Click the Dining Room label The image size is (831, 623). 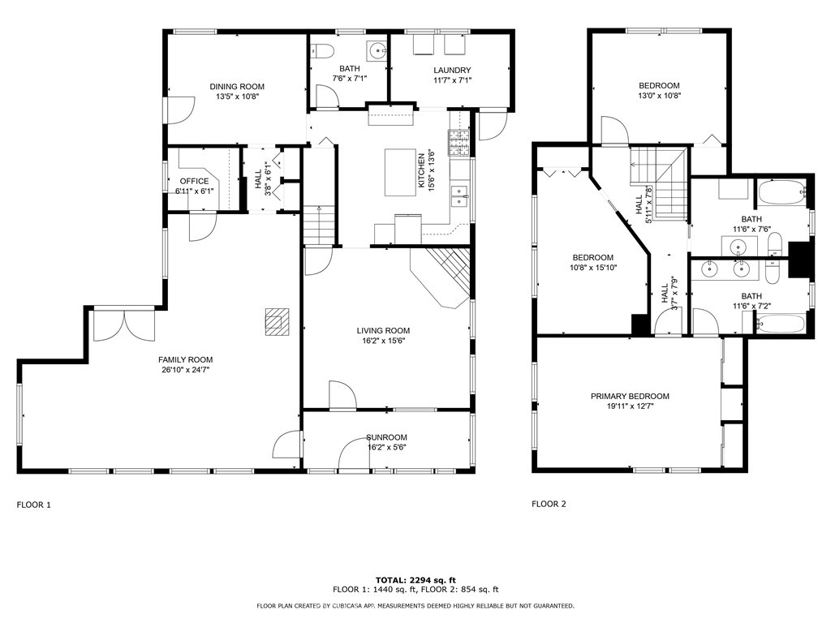click(237, 86)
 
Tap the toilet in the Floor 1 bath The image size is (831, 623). click(323, 51)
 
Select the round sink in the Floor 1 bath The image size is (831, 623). click(378, 51)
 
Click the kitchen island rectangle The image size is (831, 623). click(400, 172)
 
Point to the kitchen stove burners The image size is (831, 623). click(459, 143)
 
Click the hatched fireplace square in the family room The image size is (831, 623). click(278, 321)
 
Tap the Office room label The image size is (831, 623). click(194, 181)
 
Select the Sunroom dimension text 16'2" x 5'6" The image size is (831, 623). click(387, 447)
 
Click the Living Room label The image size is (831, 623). click(383, 331)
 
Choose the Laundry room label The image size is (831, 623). click(452, 70)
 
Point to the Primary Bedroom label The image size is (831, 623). click(630, 396)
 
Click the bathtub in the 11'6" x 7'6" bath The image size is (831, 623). click(781, 193)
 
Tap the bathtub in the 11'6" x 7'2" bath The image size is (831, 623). click(780, 323)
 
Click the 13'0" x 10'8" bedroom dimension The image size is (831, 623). click(659, 96)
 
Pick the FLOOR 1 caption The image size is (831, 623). click(34, 505)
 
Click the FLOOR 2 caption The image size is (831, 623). click(549, 504)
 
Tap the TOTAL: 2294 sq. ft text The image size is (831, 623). click(415, 580)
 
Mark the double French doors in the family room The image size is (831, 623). click(124, 326)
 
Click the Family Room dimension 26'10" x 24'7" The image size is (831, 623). click(186, 370)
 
